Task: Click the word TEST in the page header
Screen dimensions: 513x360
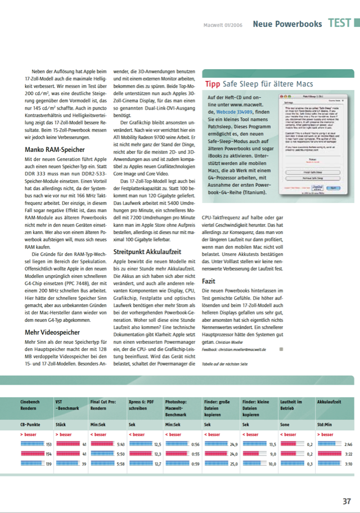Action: point(340,24)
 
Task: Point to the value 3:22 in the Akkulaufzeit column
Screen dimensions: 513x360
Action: point(348,437)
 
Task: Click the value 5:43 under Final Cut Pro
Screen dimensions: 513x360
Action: point(120,429)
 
